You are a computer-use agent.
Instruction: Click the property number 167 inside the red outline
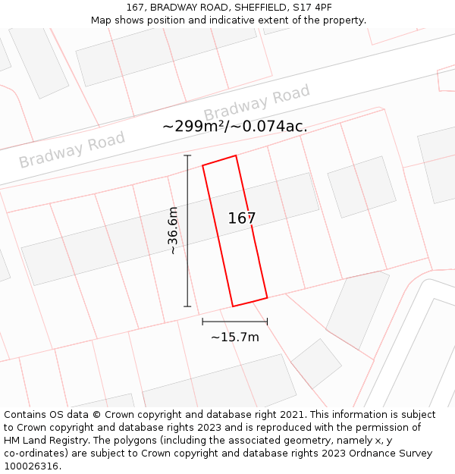coord(242,218)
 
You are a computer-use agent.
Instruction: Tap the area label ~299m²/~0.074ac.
coord(235,127)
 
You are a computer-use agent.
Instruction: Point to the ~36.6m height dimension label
coord(173,231)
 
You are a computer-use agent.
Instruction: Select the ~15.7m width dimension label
coord(235,337)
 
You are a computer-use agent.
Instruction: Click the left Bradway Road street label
coord(72,150)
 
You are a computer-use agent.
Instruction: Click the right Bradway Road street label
coord(256,103)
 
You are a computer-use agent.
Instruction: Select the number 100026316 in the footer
coord(31,466)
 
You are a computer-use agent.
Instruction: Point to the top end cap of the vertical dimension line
coord(187,155)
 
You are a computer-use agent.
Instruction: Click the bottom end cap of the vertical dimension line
coord(187,306)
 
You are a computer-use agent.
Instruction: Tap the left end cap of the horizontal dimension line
coord(202,322)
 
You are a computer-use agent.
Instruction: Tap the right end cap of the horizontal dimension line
coord(267,322)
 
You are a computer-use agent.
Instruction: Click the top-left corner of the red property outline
coord(202,165)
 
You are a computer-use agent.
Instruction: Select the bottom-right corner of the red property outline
coord(267,297)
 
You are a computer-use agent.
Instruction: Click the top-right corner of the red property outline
coord(236,156)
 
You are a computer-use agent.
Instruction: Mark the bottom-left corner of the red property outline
coord(233,306)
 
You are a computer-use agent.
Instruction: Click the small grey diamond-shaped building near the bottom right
coord(316,363)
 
